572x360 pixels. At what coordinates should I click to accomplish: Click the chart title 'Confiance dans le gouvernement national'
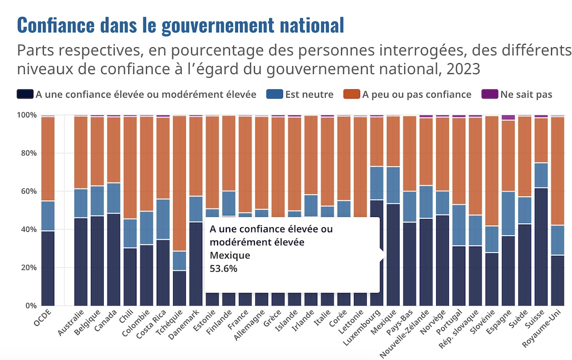coord(180,25)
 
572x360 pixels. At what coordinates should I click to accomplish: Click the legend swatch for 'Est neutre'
coord(274,94)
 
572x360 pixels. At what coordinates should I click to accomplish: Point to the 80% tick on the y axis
coord(27,153)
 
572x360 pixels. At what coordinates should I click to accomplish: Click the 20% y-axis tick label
coord(27,268)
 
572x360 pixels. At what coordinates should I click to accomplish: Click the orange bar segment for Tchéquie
coord(179,183)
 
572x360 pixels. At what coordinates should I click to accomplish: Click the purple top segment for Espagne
coord(508,117)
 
